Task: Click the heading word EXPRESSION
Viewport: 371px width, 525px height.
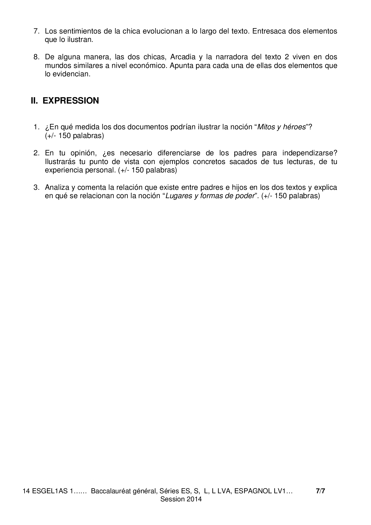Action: pos(71,101)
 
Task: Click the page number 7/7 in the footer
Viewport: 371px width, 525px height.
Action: pos(320,491)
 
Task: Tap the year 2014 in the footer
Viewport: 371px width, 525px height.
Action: pos(194,499)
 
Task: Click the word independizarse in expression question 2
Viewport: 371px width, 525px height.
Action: pos(310,153)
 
